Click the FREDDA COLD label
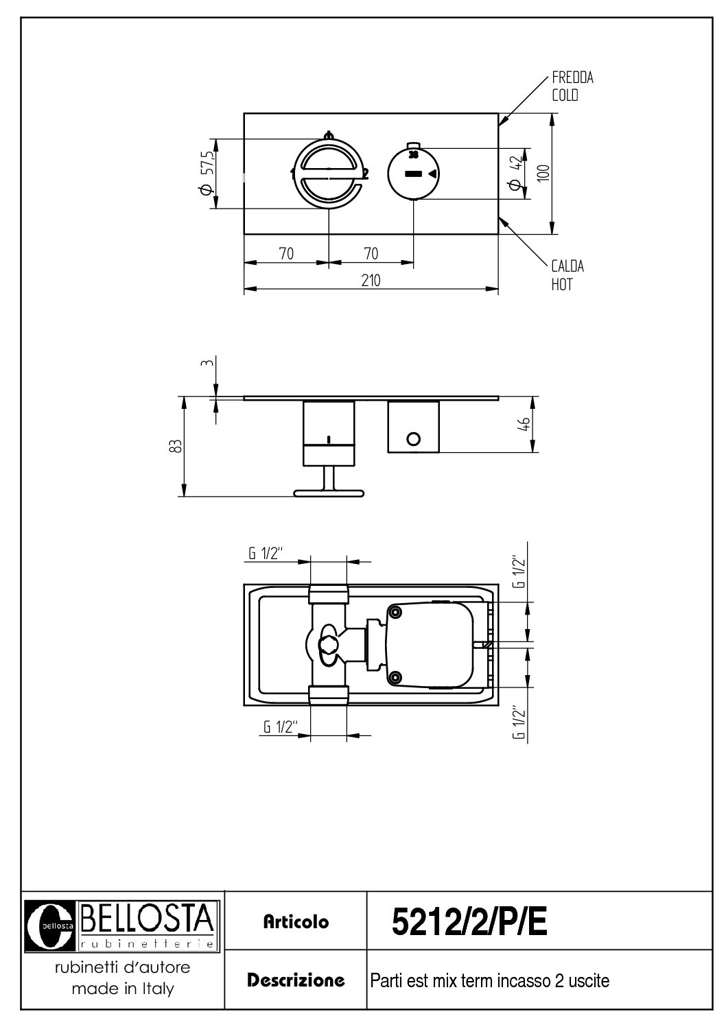click(x=572, y=86)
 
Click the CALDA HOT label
click(x=567, y=274)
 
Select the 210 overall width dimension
click(x=371, y=280)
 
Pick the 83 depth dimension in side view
click(x=176, y=446)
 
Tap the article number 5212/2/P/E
click(x=469, y=923)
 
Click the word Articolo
click(x=296, y=922)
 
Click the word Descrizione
click(x=296, y=980)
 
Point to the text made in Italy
click(x=123, y=989)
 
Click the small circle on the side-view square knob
click(x=413, y=439)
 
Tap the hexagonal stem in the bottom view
click(x=329, y=644)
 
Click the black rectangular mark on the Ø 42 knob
click(x=413, y=174)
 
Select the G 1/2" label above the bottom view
click(x=266, y=554)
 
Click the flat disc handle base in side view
click(x=329, y=492)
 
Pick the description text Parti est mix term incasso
click(x=489, y=981)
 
